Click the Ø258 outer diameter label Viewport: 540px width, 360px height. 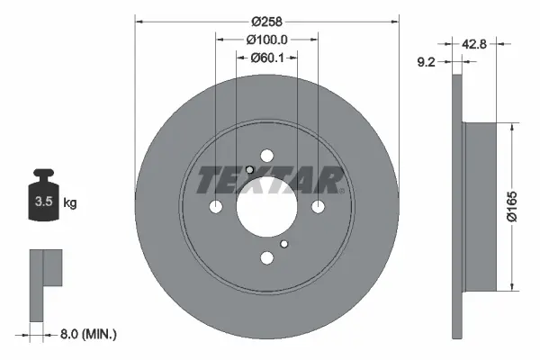[266, 21]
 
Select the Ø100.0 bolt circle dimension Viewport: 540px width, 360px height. [266, 40]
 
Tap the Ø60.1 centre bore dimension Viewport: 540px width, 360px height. [266, 58]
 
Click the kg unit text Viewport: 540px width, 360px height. [70, 203]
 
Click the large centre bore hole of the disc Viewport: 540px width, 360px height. [266, 207]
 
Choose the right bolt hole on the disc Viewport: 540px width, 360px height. [318, 207]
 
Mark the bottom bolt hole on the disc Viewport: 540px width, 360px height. [266, 258]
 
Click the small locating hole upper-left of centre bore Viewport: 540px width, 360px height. [249, 172]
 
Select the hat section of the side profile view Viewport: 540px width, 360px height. [478, 206]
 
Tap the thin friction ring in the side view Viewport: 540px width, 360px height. [456, 207]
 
